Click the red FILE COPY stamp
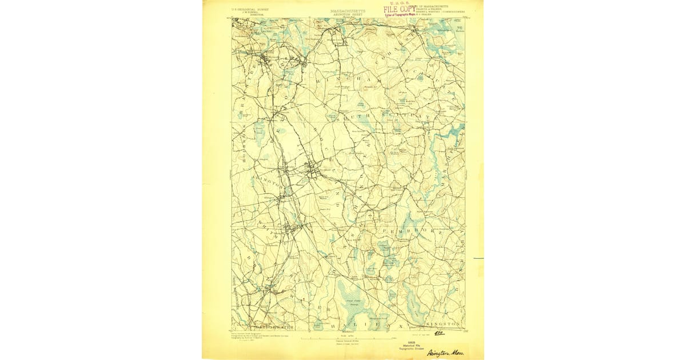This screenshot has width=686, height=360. click(x=400, y=9)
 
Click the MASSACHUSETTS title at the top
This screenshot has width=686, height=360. click(x=348, y=10)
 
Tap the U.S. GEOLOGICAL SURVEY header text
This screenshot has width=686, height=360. click(x=250, y=9)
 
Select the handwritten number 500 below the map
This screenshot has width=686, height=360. click(x=439, y=332)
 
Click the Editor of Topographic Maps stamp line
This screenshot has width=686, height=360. click(x=404, y=14)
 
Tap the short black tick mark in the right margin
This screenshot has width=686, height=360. click(x=478, y=258)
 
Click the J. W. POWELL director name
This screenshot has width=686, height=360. click(x=250, y=13)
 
